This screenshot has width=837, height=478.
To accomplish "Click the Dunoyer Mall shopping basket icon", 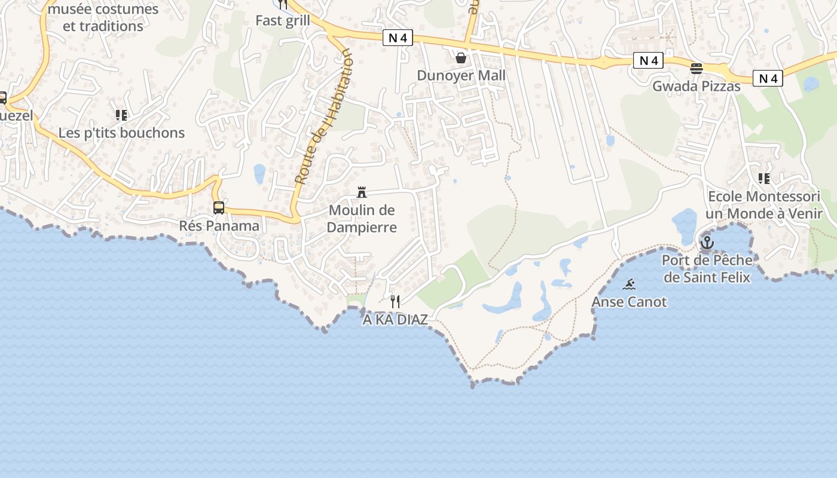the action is pos(461,58).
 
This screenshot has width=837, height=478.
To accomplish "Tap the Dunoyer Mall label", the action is pos(461,75).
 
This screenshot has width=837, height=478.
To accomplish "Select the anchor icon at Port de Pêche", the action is pos(707,243).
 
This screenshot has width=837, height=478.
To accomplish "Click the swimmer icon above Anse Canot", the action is pos(629,284).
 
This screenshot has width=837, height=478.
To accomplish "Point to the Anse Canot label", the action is pos(629,302).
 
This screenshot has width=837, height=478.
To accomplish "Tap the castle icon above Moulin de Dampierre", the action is pos(362,192).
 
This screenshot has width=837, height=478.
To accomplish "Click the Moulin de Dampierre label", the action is pos(362,219).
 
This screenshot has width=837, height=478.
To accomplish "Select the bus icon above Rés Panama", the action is pos(219,208).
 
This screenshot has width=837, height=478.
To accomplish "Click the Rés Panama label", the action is pos(219,226).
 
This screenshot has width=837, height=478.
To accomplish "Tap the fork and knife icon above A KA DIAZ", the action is pos(395,302).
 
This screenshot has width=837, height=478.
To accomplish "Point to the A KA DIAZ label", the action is pos(395,320).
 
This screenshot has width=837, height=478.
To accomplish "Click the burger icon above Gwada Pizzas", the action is pos(696,69).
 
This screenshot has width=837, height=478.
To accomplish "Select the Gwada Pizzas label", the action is pos(696,86).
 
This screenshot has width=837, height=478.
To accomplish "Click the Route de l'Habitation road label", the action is pos(323,117).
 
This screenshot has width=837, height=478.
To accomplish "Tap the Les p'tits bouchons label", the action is pos(121,133).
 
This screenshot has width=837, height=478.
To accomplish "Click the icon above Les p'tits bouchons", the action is pos(121,115).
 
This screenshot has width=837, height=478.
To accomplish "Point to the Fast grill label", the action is pos(283,20).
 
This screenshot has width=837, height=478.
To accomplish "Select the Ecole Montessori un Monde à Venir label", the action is pos(764,205).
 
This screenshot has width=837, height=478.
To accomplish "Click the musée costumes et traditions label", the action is pos(103,17).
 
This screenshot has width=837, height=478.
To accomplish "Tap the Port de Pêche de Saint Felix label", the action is pos(707,269).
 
